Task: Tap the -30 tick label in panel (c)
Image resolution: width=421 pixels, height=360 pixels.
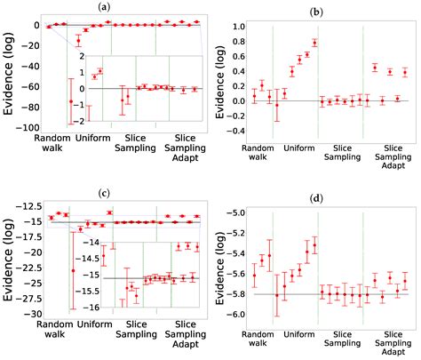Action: [x=36, y=314]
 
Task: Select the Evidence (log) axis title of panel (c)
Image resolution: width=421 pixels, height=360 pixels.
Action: [x=10, y=258]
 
